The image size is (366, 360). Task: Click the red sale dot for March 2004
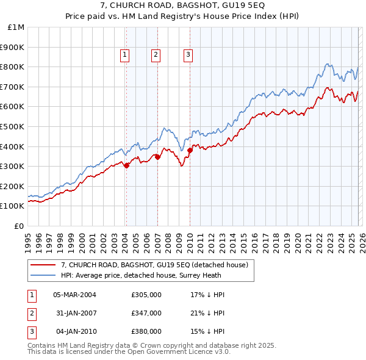[x=126, y=165]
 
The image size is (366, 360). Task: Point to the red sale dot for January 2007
[x=157, y=157]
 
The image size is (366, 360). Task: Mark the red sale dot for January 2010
[x=190, y=150]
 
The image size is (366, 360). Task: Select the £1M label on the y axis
[x=16, y=27]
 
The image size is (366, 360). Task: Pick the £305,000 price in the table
[x=146, y=295]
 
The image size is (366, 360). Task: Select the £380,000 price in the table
[x=146, y=331]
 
